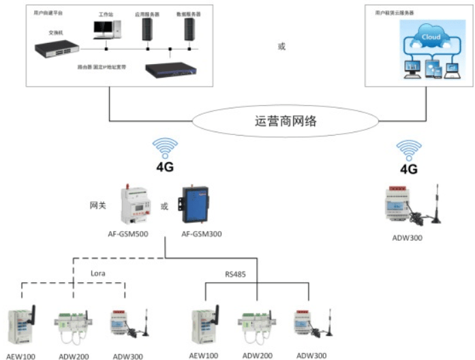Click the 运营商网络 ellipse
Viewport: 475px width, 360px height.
286,123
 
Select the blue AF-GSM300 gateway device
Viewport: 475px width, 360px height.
196,204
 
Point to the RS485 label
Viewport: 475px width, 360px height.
236,274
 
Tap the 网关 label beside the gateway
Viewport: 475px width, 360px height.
98,205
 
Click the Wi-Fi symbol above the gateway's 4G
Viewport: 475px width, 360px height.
165,148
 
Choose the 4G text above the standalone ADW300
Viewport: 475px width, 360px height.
409,169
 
